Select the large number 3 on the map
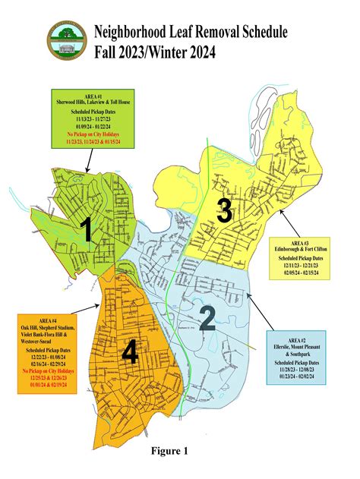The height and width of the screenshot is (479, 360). click(x=224, y=210)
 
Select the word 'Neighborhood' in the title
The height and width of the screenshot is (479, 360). click(x=133, y=32)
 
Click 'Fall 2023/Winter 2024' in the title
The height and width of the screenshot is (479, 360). click(x=156, y=52)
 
